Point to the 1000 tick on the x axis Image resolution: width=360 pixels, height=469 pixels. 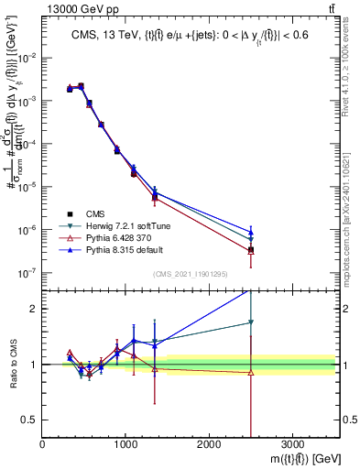tap(125, 443)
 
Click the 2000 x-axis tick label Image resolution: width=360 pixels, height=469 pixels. tap(209, 443)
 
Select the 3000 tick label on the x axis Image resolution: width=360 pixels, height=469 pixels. tap(292, 443)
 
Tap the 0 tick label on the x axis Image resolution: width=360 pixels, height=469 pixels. tap(42, 443)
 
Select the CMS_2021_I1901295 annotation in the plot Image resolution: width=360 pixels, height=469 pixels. tap(190, 274)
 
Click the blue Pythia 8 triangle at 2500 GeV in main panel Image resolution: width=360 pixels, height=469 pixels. tap(251, 232)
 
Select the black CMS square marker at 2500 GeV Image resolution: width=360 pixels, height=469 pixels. tap(251, 250)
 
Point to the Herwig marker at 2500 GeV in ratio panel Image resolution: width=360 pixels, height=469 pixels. tap(251, 322)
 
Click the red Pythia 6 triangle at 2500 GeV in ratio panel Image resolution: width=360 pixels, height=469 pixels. tap(251, 372)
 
